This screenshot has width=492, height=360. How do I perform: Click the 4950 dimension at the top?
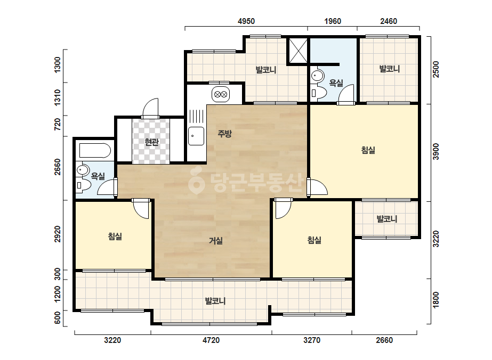[246, 21]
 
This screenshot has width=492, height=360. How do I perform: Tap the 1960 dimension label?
[333, 21]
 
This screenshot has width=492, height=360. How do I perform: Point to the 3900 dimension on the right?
[436, 152]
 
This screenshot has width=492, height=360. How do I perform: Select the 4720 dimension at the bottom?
[211, 340]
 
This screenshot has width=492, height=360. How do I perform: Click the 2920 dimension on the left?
[58, 234]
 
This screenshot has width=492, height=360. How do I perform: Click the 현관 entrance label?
[151, 142]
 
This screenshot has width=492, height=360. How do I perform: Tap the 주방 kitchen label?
[224, 134]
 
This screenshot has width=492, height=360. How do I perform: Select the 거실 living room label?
[216, 241]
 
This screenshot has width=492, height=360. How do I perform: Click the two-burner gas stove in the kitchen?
[221, 94]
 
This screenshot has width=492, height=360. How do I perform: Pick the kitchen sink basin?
[196, 136]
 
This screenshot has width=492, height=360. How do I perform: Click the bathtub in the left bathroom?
[95, 151]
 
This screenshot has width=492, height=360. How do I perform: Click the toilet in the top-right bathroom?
[319, 93]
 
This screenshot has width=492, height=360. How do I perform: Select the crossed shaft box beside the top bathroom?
[298, 50]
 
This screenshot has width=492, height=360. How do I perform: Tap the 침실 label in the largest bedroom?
[368, 150]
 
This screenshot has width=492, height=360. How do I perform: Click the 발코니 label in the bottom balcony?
[215, 301]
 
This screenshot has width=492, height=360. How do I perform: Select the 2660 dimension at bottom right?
[384, 340]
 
